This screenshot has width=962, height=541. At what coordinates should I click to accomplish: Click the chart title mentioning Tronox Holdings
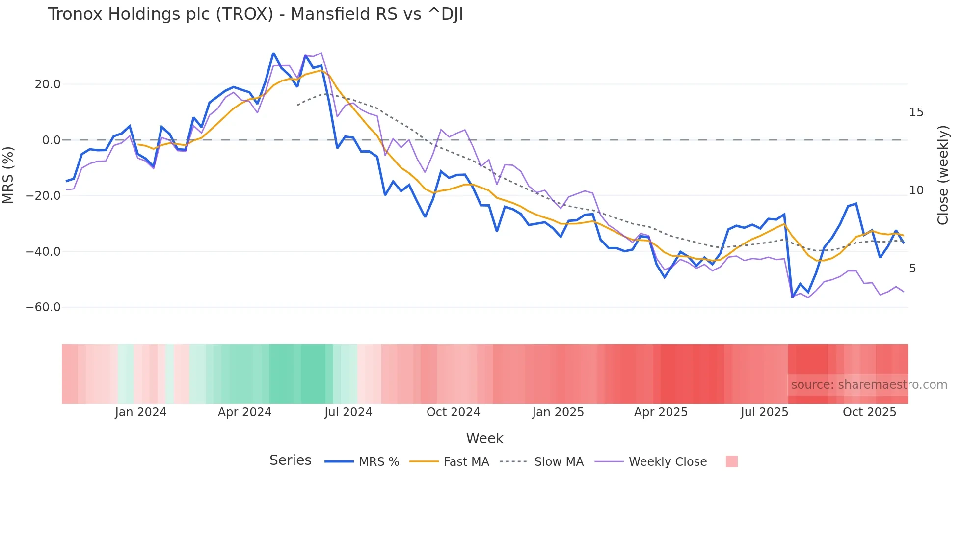(x=255, y=14)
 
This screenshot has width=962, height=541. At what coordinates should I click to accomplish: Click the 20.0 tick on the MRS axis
(x=48, y=84)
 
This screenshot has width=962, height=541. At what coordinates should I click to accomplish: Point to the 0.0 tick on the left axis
(x=51, y=140)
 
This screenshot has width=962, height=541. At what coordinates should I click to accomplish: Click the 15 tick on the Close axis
(x=916, y=112)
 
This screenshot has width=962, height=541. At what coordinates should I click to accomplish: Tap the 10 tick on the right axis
(x=916, y=190)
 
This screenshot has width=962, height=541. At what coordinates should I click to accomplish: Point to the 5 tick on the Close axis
(x=912, y=269)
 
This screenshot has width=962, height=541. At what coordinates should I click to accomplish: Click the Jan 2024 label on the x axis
(x=141, y=412)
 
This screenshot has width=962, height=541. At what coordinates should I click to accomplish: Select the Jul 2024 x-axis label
(x=348, y=412)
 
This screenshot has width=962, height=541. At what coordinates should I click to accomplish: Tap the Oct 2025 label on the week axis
(x=869, y=412)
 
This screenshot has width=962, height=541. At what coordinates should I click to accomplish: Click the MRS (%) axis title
(x=8, y=175)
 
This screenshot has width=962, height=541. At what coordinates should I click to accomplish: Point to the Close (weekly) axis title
(x=942, y=175)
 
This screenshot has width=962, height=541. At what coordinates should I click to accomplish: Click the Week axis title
(x=484, y=438)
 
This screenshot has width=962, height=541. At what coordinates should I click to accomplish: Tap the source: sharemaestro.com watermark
(x=869, y=385)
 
